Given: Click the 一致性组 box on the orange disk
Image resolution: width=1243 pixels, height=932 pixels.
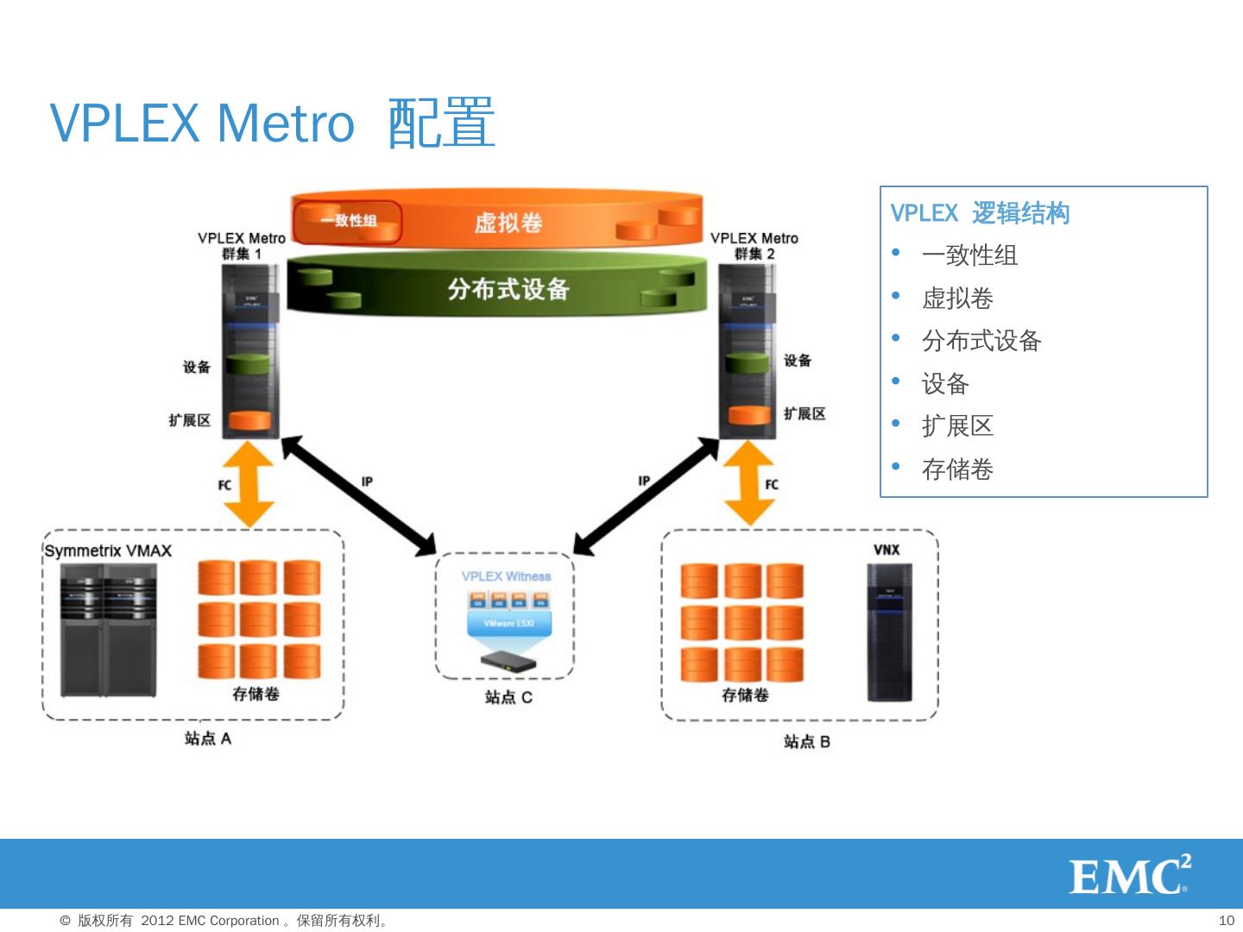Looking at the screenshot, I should (x=348, y=221).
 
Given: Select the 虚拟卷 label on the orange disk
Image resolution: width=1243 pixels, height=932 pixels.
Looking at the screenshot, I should (x=508, y=223).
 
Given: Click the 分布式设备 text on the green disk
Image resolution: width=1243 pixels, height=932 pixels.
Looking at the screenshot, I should (x=508, y=289).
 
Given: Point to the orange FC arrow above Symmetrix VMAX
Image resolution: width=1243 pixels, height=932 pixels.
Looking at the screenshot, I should (x=249, y=483).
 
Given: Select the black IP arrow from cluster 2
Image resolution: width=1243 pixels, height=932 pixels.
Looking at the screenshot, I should (x=647, y=495).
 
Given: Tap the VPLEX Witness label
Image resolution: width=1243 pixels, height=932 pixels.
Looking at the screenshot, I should (x=506, y=576).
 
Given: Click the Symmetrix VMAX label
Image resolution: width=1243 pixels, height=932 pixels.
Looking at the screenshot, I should (x=108, y=551).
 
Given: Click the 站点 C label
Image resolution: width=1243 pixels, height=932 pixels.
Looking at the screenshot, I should (x=508, y=697).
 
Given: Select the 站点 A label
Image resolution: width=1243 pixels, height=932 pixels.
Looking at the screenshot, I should (x=207, y=739).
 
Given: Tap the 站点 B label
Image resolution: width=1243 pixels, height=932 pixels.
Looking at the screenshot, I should (x=806, y=742).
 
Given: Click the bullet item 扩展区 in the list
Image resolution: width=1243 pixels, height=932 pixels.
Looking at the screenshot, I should (x=957, y=426).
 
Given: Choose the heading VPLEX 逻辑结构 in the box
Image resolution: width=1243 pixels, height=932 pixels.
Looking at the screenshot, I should (x=980, y=213).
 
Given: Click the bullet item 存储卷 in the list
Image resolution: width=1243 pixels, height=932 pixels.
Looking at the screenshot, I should (x=957, y=469).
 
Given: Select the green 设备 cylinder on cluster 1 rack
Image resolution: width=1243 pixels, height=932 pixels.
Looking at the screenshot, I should (x=248, y=364).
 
